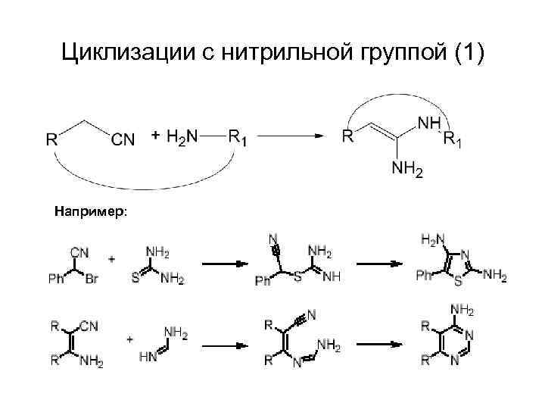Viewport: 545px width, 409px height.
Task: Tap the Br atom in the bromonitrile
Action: click(92, 279)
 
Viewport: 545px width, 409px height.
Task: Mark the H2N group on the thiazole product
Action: click(432, 240)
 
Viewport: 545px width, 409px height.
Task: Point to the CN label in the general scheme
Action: click(123, 139)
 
